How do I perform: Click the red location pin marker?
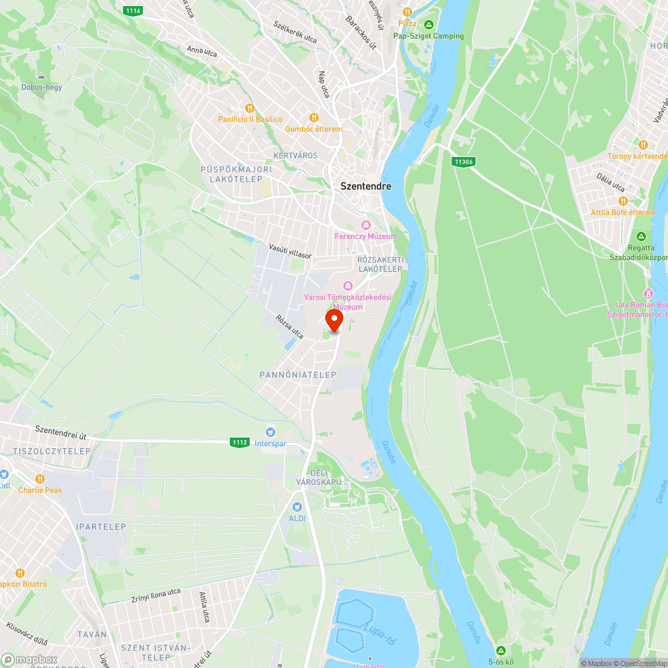(x=334, y=319)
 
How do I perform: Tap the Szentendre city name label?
(x=365, y=186)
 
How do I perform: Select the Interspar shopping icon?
(x=271, y=432)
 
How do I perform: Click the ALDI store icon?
(x=297, y=507)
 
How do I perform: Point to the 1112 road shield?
(x=240, y=442)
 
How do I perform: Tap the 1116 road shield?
(x=132, y=10)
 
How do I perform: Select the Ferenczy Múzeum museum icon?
(x=365, y=224)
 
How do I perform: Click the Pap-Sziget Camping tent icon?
(x=428, y=25)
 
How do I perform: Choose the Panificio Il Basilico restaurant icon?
(x=250, y=108)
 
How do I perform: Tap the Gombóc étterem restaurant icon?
(x=313, y=118)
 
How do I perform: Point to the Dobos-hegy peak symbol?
(x=41, y=76)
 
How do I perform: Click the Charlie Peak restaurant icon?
(x=39, y=478)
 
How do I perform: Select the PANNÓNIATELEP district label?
(x=298, y=375)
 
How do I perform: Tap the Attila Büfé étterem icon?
(x=623, y=201)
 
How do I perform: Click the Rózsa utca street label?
(x=290, y=325)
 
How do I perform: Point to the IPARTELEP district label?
(x=101, y=526)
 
